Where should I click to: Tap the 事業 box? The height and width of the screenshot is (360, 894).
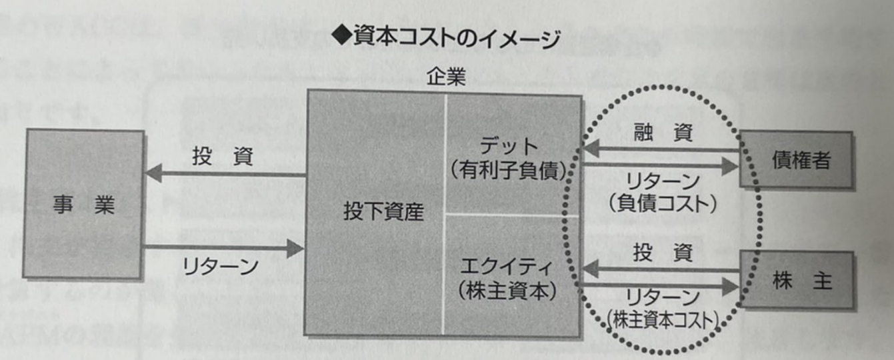coord(84,204)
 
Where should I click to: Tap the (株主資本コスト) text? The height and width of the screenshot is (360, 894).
coord(663,321)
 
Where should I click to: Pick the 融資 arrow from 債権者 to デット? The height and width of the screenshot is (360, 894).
coord(660,149)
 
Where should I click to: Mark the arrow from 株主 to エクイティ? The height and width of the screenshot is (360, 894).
coord(660,270)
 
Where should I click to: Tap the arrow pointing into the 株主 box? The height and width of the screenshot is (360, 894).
coord(660,285)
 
